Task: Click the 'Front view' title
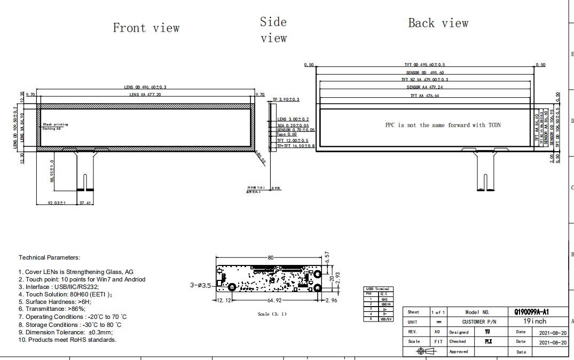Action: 146,28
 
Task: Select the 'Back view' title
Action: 438,23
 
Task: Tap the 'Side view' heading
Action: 273,30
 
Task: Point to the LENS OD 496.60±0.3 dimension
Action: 145,87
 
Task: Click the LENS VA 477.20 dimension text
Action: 145,95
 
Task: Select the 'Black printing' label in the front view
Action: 56,124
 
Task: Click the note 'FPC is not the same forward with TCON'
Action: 443,125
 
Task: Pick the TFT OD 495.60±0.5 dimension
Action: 424,65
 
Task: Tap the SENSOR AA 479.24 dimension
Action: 424,87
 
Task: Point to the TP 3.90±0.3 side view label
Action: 286,100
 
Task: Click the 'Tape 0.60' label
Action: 287,135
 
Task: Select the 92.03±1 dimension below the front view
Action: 56,203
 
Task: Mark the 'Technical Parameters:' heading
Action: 49,257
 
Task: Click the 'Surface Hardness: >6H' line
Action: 55,301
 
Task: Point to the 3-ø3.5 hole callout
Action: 201,285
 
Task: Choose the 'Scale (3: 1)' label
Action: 272,314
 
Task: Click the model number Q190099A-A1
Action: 531,312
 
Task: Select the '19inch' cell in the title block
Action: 534,322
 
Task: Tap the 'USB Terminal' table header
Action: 378,288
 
